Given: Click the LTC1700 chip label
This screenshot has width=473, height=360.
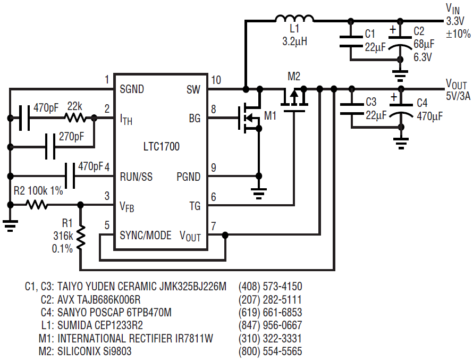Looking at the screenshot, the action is tap(162, 147).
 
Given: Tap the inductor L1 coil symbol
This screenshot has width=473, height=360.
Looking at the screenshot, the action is tap(294, 19).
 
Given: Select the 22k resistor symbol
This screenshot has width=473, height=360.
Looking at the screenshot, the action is tap(75, 118).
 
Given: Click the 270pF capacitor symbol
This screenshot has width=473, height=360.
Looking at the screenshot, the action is tap(50, 147).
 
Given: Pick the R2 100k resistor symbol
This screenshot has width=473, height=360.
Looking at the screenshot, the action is tap(37, 205).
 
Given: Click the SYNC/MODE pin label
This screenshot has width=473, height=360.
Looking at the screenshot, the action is tap(146, 236).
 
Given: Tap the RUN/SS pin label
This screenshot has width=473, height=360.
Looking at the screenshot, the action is tap(136, 177).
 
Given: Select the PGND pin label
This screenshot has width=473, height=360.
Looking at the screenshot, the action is tap(189, 177).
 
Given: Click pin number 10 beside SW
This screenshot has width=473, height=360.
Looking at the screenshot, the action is tap(216, 80).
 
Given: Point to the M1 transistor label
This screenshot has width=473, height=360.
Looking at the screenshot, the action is tap(270, 115).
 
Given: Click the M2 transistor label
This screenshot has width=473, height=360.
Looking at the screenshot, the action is tap(294, 77).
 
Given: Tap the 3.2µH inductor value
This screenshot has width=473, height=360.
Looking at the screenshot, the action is tap(294, 41).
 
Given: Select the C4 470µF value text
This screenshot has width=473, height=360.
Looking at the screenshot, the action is tap(429, 116).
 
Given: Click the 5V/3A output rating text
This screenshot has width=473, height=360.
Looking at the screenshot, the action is tap(458, 96).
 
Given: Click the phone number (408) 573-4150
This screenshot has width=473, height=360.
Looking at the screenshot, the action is tap(271, 287).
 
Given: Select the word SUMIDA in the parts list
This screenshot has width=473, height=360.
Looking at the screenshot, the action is tap(74, 325).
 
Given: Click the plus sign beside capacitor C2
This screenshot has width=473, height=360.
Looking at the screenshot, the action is tap(392, 30).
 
